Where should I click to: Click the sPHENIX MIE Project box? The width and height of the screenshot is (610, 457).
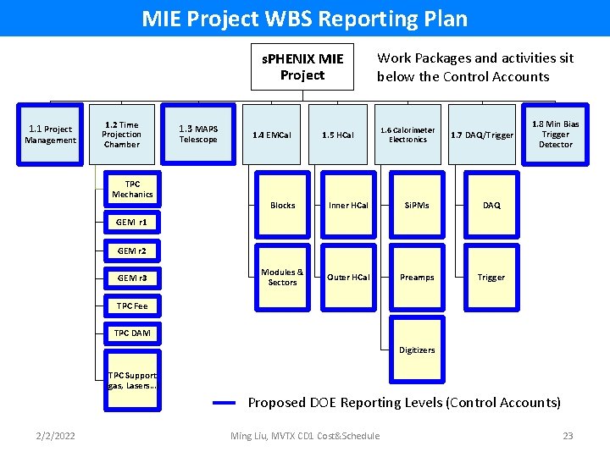coord(302,67)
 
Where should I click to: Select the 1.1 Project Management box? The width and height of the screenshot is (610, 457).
coord(50,135)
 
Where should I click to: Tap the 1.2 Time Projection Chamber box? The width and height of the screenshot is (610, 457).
coord(121,135)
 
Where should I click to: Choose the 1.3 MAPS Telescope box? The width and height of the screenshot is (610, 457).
coord(198,135)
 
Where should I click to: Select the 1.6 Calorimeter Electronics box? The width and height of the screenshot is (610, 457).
coord(408,135)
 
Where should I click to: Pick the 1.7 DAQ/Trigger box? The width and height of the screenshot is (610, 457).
coord(481,135)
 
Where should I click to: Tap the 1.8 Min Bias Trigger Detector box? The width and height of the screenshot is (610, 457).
coord(555,134)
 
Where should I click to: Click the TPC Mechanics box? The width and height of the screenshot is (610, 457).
coord(132,190)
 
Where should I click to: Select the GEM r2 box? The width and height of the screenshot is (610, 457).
coord(132,251)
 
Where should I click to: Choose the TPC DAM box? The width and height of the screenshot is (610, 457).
coord(132,333)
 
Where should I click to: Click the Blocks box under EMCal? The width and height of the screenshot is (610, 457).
coord(282,206)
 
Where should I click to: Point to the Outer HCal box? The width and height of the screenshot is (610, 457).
coord(349,278)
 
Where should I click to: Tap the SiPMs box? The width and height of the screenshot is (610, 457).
coord(417,206)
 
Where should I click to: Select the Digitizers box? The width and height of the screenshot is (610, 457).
coord(417,350)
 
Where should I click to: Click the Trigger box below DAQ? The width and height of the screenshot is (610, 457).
coord(491,278)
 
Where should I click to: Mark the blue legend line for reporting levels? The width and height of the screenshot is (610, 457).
coord(224,404)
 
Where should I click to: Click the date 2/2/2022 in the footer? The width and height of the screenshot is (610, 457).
coord(55,436)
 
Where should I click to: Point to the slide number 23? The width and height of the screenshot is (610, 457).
coord(568,436)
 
